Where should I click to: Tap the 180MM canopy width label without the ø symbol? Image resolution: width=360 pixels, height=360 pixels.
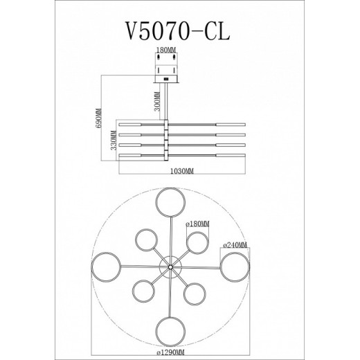tap(168, 51)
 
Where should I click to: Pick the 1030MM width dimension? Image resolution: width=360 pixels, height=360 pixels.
tap(180, 170)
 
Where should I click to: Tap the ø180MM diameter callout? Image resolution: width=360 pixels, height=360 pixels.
tap(198, 225)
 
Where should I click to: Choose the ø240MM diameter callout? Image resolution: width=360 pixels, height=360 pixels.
tap(235, 244)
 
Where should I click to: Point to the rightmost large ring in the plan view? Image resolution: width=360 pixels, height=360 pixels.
tap(233, 267)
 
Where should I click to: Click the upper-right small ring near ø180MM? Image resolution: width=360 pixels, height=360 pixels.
tap(197, 242)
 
